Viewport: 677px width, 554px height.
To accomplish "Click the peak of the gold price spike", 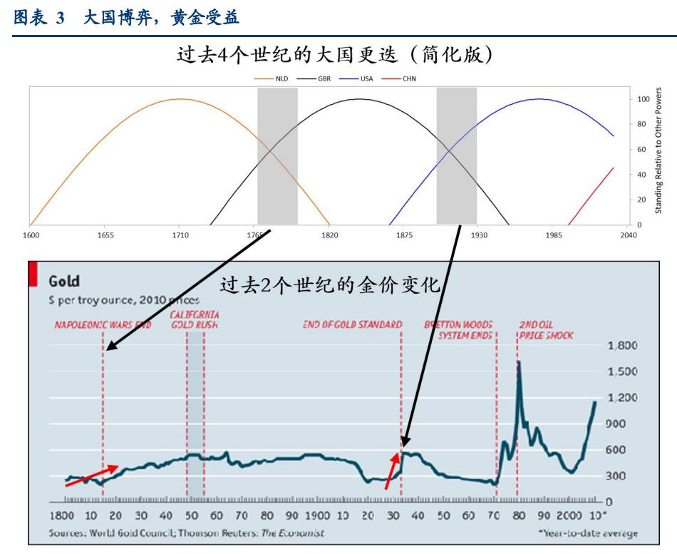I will pyautogui.click(x=518, y=362).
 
